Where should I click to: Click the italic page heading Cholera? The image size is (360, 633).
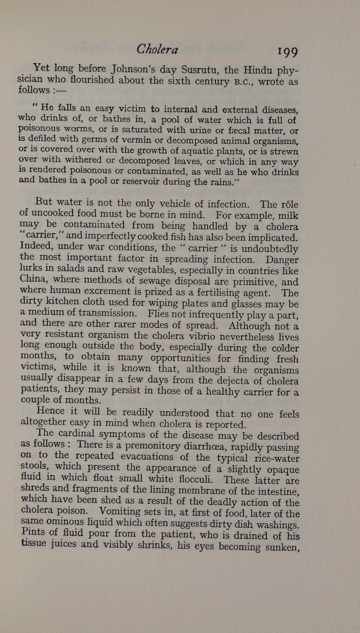coord(157,49)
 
